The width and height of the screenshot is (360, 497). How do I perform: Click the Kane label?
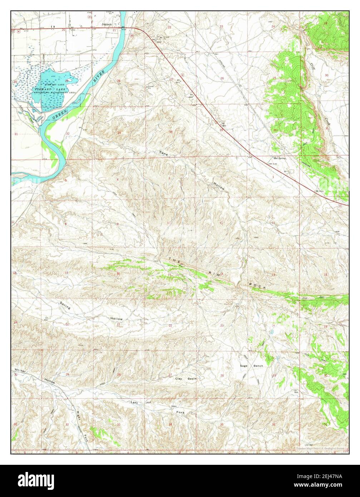click(163, 153)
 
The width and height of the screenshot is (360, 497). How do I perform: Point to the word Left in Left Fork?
click(134, 403)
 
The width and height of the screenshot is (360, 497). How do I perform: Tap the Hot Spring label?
click(280, 158)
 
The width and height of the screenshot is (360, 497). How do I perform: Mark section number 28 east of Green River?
click(118, 81)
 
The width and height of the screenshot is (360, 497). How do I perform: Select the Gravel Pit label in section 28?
click(151, 87)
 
